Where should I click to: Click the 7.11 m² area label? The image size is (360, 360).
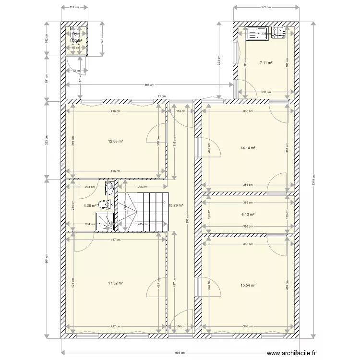[x=266, y=63]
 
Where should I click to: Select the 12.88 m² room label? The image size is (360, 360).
[x=116, y=141]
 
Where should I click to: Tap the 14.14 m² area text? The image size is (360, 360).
[x=247, y=148]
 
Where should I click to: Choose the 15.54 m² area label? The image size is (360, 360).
[x=247, y=285]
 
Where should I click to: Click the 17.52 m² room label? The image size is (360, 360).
[x=116, y=283]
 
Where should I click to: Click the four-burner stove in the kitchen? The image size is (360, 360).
[x=278, y=33]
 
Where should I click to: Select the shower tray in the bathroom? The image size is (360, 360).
[x=104, y=220]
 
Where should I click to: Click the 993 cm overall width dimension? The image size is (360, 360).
[x=180, y=353]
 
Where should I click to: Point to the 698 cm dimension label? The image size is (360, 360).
[x=149, y=85]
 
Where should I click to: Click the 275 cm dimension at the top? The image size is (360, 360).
[x=266, y=7]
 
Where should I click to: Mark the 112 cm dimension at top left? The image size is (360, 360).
[x=74, y=7]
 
